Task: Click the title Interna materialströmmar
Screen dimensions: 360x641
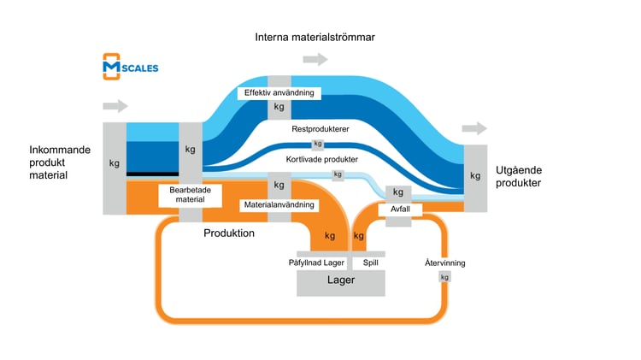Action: coord(315,38)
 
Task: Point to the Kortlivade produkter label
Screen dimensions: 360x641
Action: coord(321,159)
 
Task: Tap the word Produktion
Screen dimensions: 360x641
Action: coord(229,233)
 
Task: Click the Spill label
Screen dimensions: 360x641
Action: coord(370,263)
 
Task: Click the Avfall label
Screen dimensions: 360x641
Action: coord(399,208)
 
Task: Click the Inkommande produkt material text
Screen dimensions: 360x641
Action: coord(60,162)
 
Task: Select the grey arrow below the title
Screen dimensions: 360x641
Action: coord(315,60)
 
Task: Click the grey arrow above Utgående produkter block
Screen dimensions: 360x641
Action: coord(474,128)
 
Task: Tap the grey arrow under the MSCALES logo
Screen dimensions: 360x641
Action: coord(115,106)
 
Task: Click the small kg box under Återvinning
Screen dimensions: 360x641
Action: coord(444,277)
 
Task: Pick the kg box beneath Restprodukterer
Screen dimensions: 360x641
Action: coord(318,144)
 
